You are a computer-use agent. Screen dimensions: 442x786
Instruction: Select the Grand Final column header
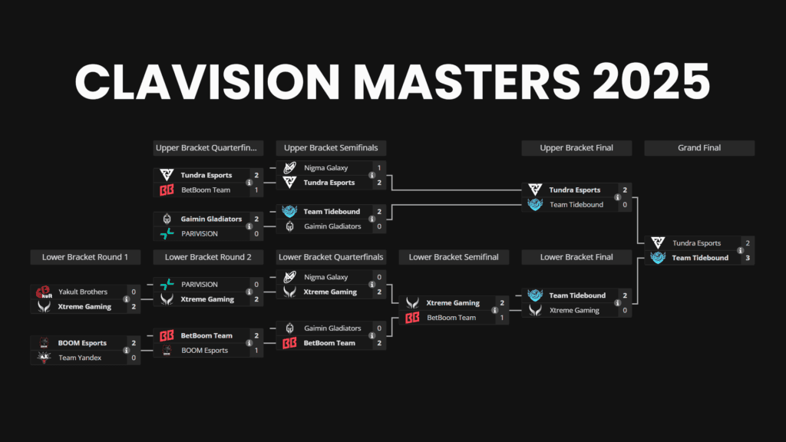(x=699, y=148)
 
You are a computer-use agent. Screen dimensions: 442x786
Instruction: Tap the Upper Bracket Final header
(x=576, y=148)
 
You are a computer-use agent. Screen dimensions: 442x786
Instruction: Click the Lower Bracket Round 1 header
(x=85, y=257)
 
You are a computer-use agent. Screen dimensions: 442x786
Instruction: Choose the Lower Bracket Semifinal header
(x=454, y=257)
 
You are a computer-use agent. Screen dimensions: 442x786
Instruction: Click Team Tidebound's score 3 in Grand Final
(x=747, y=258)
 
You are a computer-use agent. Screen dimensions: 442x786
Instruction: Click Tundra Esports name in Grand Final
(x=696, y=243)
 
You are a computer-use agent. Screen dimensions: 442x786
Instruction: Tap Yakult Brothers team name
(x=83, y=292)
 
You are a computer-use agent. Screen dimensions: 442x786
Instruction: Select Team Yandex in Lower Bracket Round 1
(x=79, y=358)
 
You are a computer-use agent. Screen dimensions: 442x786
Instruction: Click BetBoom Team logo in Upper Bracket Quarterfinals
(x=166, y=190)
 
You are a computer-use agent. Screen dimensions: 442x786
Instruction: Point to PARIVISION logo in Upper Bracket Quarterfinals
(x=166, y=234)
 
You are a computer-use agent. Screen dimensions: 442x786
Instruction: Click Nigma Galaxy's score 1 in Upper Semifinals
(x=379, y=167)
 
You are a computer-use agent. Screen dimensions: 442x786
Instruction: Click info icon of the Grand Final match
(x=741, y=250)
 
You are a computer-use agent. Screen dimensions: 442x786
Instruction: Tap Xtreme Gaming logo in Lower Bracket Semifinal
(x=412, y=303)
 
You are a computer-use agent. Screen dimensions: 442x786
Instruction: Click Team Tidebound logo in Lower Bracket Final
(x=534, y=295)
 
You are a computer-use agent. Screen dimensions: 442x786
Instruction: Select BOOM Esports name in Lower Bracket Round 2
(x=204, y=351)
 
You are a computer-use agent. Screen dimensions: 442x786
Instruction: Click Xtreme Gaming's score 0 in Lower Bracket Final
(x=625, y=311)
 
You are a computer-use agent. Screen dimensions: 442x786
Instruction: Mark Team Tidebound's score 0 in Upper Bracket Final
(x=625, y=205)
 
